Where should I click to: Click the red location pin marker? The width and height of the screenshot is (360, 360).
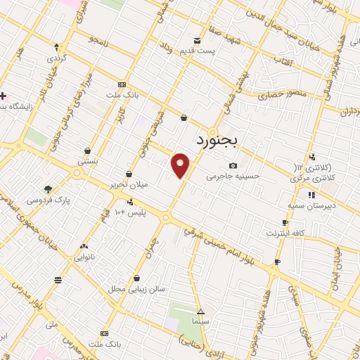click(181, 165)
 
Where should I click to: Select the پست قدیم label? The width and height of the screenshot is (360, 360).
click(216, 51)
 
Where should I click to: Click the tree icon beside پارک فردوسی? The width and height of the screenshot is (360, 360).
click(48, 189)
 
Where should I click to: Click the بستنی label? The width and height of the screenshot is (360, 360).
click(86, 161)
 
